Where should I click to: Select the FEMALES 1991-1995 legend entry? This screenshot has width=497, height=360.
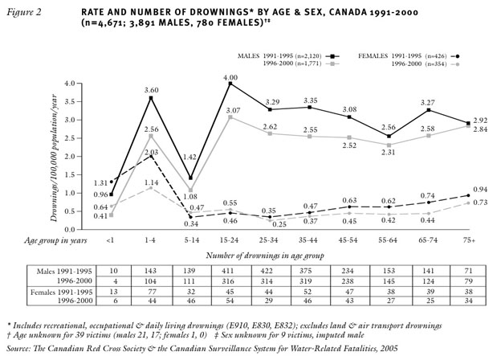pyautogui.click(x=399, y=55)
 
